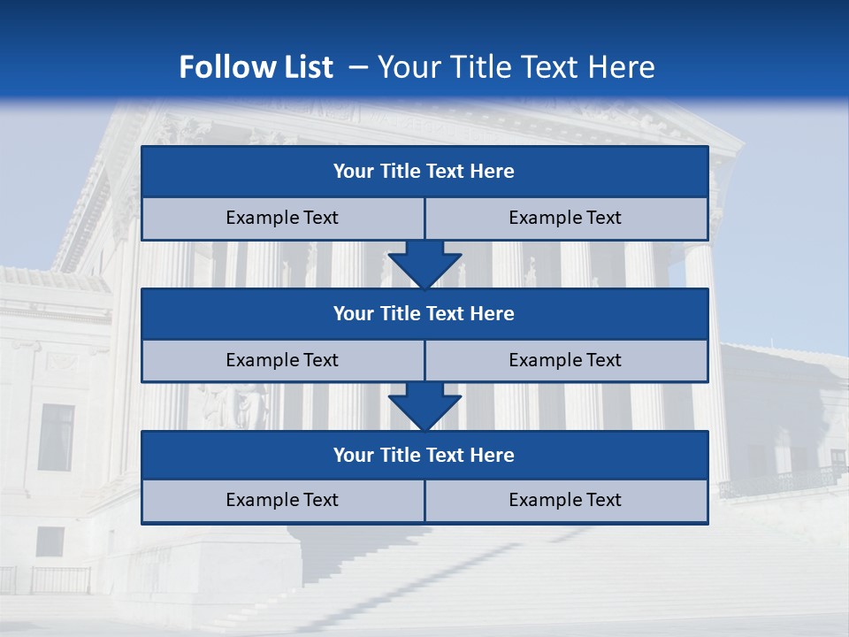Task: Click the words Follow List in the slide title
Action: point(256,67)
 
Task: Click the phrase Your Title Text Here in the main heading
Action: point(516,67)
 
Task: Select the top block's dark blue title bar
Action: point(424,172)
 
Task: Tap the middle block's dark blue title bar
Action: point(424,313)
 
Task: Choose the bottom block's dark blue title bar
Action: point(424,455)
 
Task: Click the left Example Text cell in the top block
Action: point(282,219)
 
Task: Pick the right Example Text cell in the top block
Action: point(565,219)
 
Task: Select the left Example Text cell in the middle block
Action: point(282,360)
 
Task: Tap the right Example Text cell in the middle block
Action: point(565,360)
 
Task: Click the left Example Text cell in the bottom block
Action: point(282,501)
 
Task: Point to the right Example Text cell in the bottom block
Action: point(565,501)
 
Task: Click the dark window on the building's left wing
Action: point(57,437)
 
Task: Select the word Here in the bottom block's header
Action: point(493,455)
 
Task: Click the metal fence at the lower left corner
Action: point(53,579)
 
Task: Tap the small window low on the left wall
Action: point(50,541)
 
